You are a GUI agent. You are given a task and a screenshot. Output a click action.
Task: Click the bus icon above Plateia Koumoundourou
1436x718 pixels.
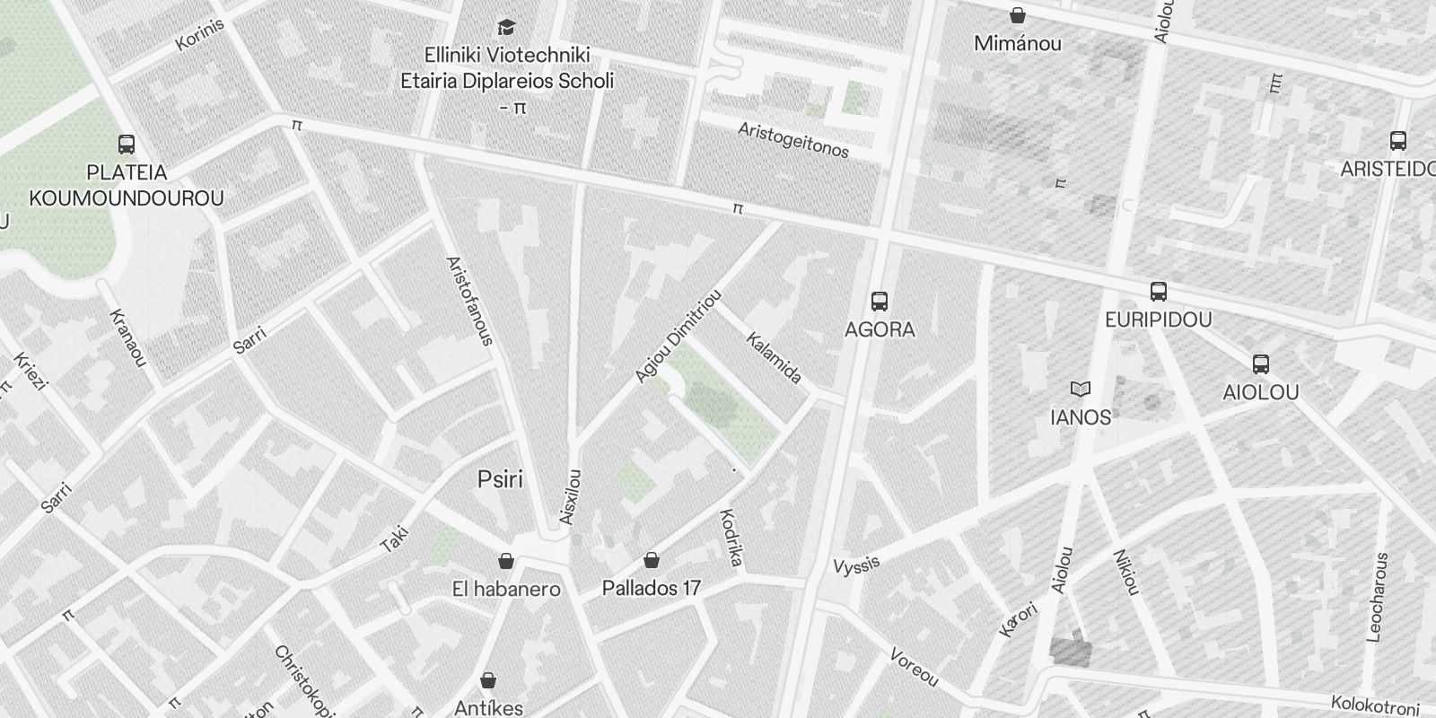pyautogui.click(x=127, y=144)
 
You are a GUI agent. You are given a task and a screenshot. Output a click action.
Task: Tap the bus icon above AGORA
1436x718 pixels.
pyautogui.click(x=880, y=302)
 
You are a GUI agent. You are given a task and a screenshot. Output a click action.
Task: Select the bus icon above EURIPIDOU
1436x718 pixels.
pyautogui.click(x=1159, y=292)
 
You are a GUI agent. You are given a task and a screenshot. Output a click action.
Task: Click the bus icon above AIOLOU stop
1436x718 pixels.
pyautogui.click(x=1261, y=364)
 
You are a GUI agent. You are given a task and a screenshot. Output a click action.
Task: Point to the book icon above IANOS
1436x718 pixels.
pyautogui.click(x=1081, y=390)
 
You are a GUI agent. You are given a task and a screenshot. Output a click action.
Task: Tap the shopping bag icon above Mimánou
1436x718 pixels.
pyautogui.click(x=1018, y=15)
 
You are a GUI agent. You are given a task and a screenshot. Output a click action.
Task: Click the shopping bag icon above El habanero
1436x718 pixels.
pyautogui.click(x=506, y=561)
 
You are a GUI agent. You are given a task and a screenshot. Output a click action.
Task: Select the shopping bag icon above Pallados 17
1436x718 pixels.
pyautogui.click(x=652, y=561)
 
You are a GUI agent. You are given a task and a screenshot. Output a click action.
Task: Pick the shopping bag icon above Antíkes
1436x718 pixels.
pyautogui.click(x=488, y=680)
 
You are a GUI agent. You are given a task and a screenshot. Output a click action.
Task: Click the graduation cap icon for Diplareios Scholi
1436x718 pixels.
pyautogui.click(x=507, y=27)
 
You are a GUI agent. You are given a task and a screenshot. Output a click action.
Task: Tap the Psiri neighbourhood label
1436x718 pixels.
pyautogui.click(x=500, y=479)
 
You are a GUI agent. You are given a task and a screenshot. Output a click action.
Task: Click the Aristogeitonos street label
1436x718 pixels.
pyautogui.click(x=793, y=141)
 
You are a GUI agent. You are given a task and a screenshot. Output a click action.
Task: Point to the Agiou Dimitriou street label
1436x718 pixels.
pyautogui.click(x=678, y=337)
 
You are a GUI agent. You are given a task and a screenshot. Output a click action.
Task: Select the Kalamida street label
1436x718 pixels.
pyautogui.click(x=774, y=357)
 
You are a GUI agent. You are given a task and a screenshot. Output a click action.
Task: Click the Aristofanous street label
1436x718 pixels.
pyautogui.click(x=469, y=301)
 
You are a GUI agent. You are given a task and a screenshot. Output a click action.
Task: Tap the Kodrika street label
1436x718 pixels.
pyautogui.click(x=731, y=538)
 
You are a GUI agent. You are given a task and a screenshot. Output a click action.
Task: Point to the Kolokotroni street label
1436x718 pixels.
pyautogui.click(x=1374, y=705)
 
